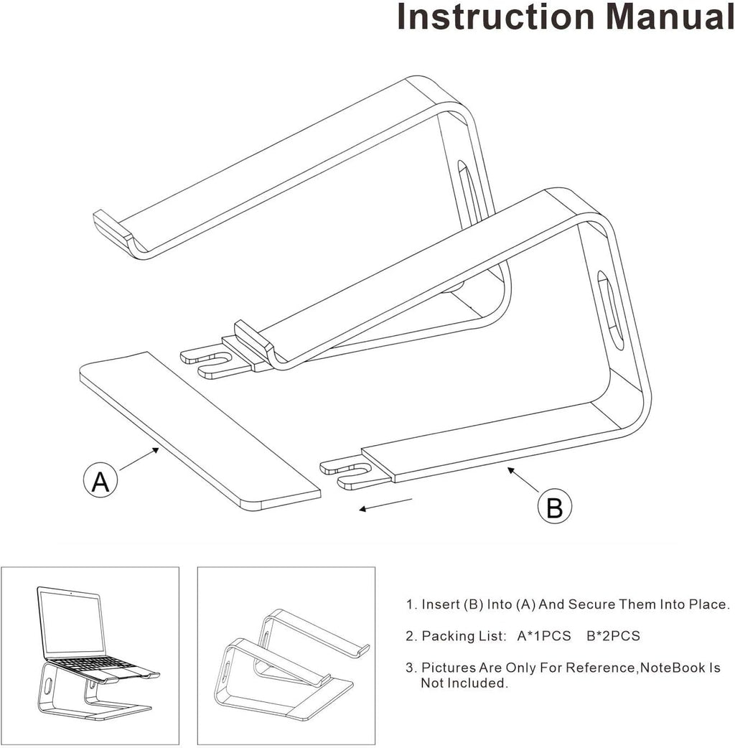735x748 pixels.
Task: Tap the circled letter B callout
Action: coord(555,507)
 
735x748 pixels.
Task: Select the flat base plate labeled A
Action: coord(194,431)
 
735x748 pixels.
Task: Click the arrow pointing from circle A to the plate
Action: coord(140,459)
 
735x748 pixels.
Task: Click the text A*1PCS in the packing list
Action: coord(543,636)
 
